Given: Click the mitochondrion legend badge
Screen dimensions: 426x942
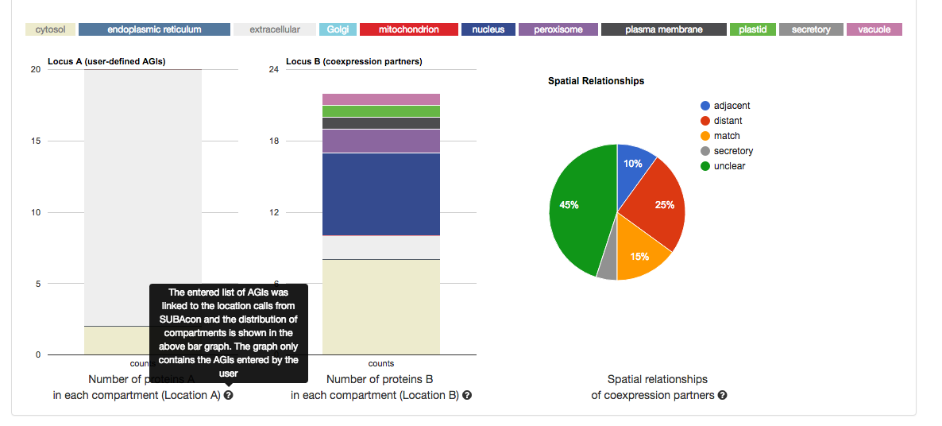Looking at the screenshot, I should click(x=408, y=29).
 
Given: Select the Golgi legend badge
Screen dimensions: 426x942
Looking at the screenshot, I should click(x=337, y=29).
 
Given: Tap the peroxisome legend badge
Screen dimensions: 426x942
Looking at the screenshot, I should click(x=558, y=29).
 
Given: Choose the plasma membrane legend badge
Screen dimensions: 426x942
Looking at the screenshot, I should click(x=663, y=29).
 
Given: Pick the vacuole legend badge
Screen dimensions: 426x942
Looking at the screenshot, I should click(x=874, y=29).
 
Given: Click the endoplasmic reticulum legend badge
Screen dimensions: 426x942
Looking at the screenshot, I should click(x=154, y=29).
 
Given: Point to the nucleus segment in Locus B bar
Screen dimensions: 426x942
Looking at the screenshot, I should click(x=381, y=194).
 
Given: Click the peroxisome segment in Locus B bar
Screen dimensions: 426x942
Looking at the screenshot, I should click(x=381, y=141).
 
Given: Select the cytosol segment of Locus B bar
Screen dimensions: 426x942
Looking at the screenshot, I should click(x=381, y=307).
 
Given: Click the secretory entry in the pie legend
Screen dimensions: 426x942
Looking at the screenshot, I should click(x=732, y=151).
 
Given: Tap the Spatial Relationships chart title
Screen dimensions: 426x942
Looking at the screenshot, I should click(x=596, y=81).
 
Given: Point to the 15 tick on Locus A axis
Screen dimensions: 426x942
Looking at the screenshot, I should click(x=35, y=141).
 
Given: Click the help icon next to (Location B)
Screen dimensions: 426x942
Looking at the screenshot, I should click(x=467, y=395).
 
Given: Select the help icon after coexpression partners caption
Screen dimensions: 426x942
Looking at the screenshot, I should click(x=722, y=395).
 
